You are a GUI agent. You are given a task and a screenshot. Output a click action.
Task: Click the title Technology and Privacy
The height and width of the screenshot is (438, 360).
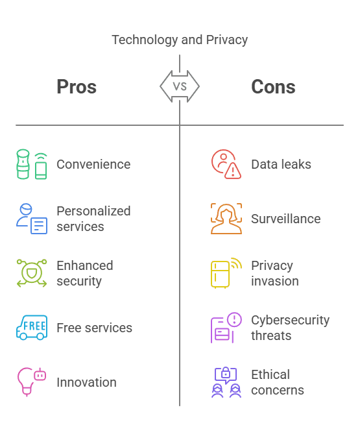pyautogui.click(x=180, y=40)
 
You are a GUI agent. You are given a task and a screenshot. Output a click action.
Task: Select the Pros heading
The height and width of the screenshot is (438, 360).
pyautogui.click(x=77, y=86)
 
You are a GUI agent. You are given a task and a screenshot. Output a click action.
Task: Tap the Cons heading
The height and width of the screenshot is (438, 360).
pyautogui.click(x=273, y=86)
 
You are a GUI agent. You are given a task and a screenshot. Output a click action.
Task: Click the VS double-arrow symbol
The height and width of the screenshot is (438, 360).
pyautogui.click(x=180, y=86)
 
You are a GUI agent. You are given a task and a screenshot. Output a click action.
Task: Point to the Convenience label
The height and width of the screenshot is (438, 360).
pyautogui.click(x=93, y=164)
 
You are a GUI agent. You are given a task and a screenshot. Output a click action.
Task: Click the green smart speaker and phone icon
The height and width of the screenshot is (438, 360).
pyautogui.click(x=32, y=164)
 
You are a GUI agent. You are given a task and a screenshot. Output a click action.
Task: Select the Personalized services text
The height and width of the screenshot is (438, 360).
pyautogui.click(x=93, y=219)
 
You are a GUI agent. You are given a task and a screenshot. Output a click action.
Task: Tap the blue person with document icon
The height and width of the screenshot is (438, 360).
pyautogui.click(x=32, y=219)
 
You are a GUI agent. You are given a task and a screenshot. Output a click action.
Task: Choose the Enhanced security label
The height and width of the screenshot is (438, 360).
pyautogui.click(x=85, y=273)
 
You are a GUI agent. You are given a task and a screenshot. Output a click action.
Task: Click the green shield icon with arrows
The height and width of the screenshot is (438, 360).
pyautogui.click(x=32, y=273)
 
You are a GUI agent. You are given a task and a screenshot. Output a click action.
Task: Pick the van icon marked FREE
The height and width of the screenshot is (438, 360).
pyautogui.click(x=32, y=328)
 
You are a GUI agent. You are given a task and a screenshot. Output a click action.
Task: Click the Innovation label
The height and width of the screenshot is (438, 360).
pyautogui.click(x=86, y=382)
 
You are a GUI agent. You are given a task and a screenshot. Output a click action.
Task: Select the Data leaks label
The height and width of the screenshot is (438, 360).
pyautogui.click(x=281, y=164)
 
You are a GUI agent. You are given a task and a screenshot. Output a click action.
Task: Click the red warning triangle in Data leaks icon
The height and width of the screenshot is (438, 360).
pyautogui.click(x=233, y=171)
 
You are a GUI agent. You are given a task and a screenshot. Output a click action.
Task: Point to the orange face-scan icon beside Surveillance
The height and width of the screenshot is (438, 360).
pyautogui.click(x=226, y=219)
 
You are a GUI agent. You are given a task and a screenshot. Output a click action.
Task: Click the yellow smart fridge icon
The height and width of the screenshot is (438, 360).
pyautogui.click(x=220, y=274)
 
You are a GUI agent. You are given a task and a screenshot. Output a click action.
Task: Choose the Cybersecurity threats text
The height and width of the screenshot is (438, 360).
pyautogui.click(x=290, y=328)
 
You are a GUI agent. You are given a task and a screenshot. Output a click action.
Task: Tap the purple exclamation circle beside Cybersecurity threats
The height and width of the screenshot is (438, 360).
pyautogui.click(x=234, y=319)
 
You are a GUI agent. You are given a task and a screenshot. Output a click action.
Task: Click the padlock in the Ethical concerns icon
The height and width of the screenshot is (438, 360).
pyautogui.click(x=226, y=372)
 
